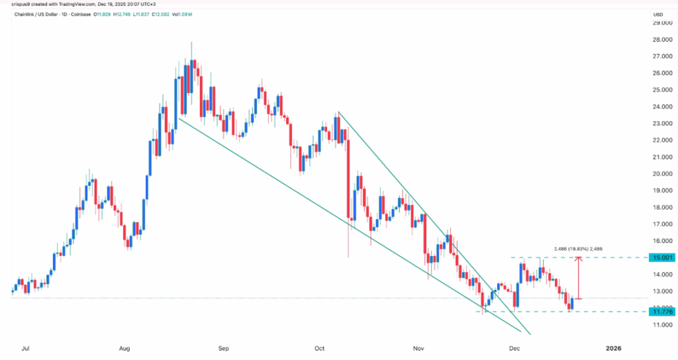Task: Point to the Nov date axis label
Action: pos(418,347)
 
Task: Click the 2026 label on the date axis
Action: pos(614,347)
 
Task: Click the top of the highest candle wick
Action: pos(191,42)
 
